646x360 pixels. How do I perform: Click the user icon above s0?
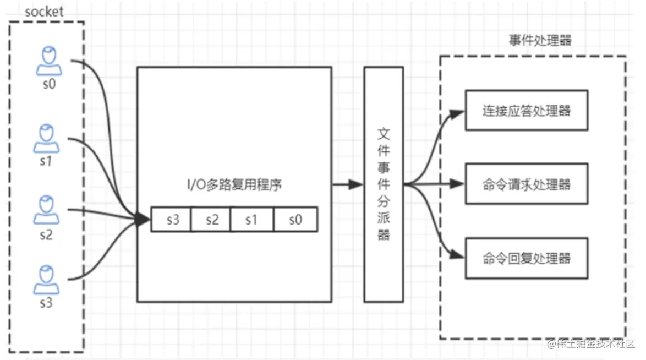49,61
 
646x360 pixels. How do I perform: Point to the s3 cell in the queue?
171,220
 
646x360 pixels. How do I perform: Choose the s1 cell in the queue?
251,220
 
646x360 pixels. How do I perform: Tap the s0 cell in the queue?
295,220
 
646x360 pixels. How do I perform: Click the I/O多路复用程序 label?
234,186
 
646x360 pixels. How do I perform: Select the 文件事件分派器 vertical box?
384,184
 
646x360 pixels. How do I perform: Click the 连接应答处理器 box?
526,111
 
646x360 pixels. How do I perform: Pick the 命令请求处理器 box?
526,184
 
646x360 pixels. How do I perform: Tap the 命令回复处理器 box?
526,258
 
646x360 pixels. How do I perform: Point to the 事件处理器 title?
540,41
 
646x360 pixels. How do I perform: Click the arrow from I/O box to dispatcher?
347,184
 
